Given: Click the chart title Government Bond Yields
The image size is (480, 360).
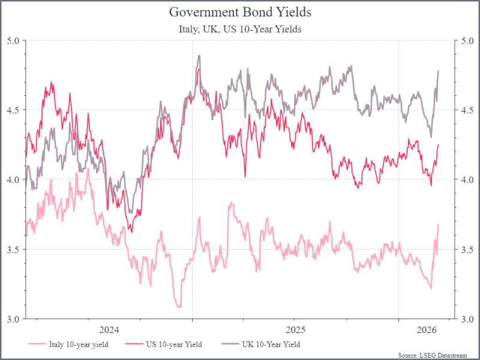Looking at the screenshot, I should tap(240, 12).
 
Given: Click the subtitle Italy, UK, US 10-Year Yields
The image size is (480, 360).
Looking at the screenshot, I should tap(240, 29).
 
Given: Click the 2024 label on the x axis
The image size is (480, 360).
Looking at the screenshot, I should tap(109, 330).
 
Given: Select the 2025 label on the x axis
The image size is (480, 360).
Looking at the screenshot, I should tap(295, 330).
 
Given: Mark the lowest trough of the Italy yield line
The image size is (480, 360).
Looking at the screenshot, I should tap(178, 307).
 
